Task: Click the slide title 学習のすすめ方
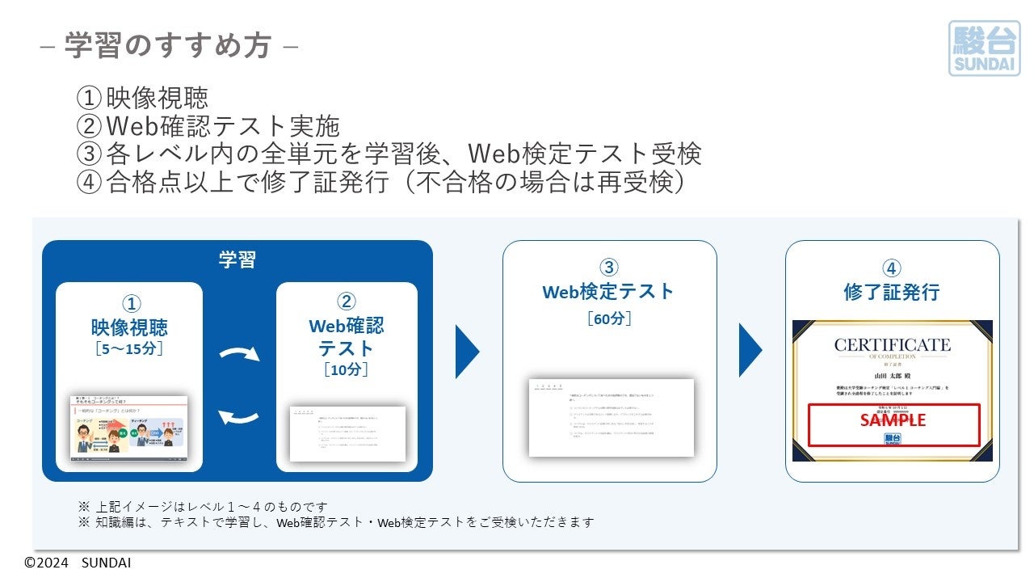(x=168, y=45)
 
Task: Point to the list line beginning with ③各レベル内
(x=389, y=154)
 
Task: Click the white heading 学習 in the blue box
(x=237, y=259)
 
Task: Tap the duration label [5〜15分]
(x=129, y=349)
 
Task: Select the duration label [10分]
(x=346, y=369)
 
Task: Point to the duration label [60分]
(x=609, y=318)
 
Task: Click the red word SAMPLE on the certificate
(x=893, y=420)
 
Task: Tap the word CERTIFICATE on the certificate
(x=892, y=345)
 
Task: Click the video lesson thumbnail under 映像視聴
(x=129, y=428)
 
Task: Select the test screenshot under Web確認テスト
(x=347, y=433)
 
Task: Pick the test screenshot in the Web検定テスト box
(x=611, y=417)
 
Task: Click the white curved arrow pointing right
(x=240, y=355)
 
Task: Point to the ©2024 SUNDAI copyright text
(x=78, y=563)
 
